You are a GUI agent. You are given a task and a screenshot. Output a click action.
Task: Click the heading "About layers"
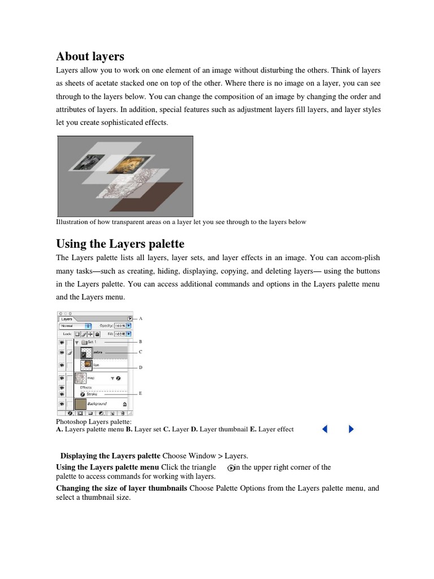tap(90, 57)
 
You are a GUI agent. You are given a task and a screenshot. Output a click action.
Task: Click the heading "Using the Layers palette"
tap(120, 244)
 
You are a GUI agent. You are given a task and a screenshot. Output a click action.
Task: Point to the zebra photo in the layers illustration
tap(88, 160)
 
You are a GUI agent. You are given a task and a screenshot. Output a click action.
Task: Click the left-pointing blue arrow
tap(324, 429)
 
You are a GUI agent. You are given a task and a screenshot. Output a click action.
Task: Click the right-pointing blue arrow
tap(351, 429)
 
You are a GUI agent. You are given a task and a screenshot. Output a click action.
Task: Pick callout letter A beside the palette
tap(141, 318)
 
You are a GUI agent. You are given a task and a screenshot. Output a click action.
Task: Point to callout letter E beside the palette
tap(141, 393)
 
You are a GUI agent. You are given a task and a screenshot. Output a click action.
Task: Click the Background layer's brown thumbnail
tap(81, 404)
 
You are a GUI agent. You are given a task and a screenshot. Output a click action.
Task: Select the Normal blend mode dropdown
tap(75, 326)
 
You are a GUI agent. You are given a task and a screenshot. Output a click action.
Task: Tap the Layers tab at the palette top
tap(67, 319)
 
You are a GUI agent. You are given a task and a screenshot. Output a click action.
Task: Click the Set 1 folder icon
tap(84, 342)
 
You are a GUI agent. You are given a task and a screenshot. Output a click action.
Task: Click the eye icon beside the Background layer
tap(61, 404)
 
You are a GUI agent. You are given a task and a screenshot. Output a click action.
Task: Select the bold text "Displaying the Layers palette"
tap(110, 456)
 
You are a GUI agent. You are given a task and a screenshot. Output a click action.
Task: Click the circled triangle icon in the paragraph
tap(231, 468)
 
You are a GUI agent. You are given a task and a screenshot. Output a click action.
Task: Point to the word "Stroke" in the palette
tap(93, 394)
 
